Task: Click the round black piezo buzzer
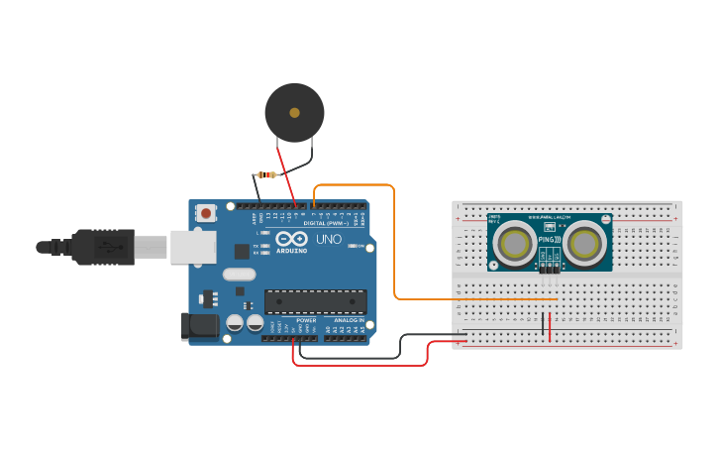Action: [x=294, y=112]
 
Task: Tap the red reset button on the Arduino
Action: [x=206, y=212]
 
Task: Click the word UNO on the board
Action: [x=328, y=240]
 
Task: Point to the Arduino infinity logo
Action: [x=292, y=239]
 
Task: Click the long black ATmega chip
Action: [x=315, y=300]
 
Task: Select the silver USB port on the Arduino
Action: [x=192, y=247]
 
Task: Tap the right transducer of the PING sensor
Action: [x=584, y=242]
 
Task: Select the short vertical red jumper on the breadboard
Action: [x=551, y=326]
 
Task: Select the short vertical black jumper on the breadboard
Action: [x=543, y=323]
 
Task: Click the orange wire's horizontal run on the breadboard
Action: [x=475, y=298]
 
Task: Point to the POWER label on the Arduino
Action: [x=306, y=320]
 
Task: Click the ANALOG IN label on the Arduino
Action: [x=348, y=320]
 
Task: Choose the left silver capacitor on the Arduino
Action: [x=235, y=322]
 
